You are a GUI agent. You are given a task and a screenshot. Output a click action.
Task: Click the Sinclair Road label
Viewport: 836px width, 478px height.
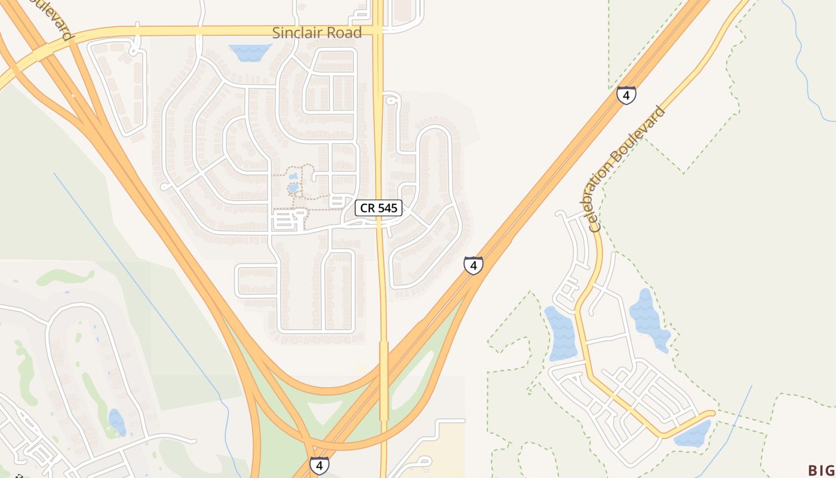pyautogui.click(x=316, y=33)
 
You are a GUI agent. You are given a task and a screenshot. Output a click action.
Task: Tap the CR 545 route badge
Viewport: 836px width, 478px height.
pyautogui.click(x=379, y=208)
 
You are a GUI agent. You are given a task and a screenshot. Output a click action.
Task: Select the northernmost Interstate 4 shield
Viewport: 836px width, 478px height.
pyautogui.click(x=626, y=95)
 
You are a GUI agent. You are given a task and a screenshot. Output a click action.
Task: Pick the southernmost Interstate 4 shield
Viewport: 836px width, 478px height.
pyautogui.click(x=319, y=465)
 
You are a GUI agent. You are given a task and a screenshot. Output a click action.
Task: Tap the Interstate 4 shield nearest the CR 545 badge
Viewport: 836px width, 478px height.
pyautogui.click(x=473, y=265)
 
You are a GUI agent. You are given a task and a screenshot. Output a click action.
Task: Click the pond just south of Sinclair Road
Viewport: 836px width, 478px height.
pyautogui.click(x=250, y=53)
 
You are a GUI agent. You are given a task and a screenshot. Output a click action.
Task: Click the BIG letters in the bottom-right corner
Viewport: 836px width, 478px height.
pyautogui.click(x=822, y=470)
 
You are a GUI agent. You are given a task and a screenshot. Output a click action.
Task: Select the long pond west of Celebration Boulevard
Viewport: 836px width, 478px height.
pyautogui.click(x=561, y=333)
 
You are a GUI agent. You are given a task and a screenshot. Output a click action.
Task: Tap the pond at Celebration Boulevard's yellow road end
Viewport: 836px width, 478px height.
pyautogui.click(x=693, y=434)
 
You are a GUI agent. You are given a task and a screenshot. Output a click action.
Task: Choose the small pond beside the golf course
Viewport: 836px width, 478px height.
pyautogui.click(x=117, y=422)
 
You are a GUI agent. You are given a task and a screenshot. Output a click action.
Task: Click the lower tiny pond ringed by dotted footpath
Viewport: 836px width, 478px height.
pyautogui.click(x=293, y=188)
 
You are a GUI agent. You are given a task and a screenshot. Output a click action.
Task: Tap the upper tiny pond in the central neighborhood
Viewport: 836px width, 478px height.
pyautogui.click(x=293, y=176)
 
